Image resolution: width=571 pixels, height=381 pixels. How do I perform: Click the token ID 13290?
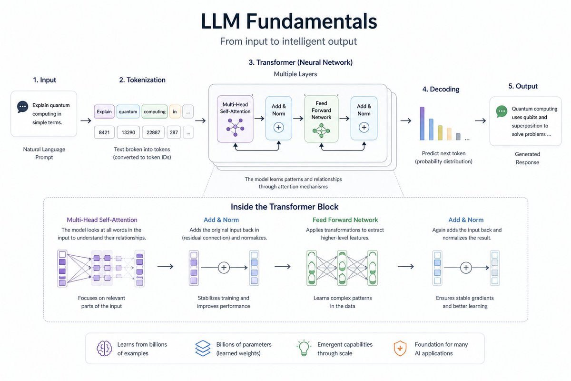pyautogui.click(x=128, y=132)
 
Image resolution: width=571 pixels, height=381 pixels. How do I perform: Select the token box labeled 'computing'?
pyautogui.click(x=155, y=112)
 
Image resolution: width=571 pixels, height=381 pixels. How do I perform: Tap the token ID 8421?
pyautogui.click(x=104, y=132)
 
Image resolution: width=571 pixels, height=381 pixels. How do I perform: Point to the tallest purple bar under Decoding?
pyautogui.click(x=422, y=123)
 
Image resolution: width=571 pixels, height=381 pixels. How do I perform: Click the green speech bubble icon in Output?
pyautogui.click(x=502, y=111)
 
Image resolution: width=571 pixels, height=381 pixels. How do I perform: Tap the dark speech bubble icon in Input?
pyautogui.click(x=22, y=107)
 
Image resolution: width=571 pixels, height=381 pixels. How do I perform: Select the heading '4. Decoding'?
pyautogui.click(x=441, y=89)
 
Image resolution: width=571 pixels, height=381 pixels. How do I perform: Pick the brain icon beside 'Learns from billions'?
pyautogui.click(x=104, y=349)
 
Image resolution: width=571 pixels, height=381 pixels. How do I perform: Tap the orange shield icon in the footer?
pyautogui.click(x=400, y=349)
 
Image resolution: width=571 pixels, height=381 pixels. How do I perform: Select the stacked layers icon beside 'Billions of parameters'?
pyautogui.click(x=203, y=349)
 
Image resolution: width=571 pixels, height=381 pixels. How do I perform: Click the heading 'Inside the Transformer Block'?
pyautogui.click(x=285, y=207)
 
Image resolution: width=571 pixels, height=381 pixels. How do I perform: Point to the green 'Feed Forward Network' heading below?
pyautogui.click(x=345, y=220)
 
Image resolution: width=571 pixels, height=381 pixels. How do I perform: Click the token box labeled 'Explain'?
pyautogui.click(x=104, y=112)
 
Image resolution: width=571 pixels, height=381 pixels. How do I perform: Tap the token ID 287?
pyautogui.click(x=174, y=132)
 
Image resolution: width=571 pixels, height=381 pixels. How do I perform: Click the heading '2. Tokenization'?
pyautogui.click(x=142, y=80)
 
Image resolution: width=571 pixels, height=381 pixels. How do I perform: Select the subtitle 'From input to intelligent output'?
pyautogui.click(x=288, y=41)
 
